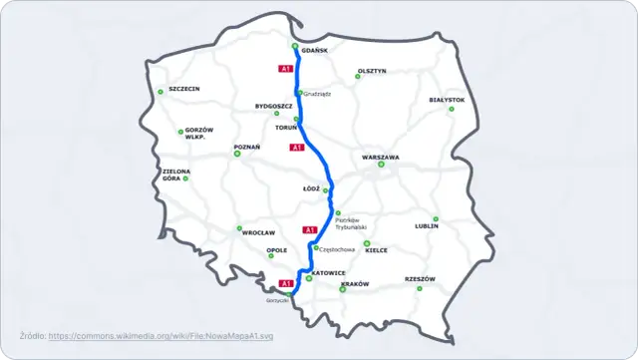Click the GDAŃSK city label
click(314, 50)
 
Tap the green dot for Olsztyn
click(359, 77)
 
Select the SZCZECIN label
click(184, 89)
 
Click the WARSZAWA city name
click(381, 158)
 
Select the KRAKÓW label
click(355, 284)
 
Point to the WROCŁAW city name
click(258, 232)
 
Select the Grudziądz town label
click(317, 94)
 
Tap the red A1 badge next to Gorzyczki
click(285, 283)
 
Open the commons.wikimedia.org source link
click(161, 336)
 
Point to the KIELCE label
click(377, 250)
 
